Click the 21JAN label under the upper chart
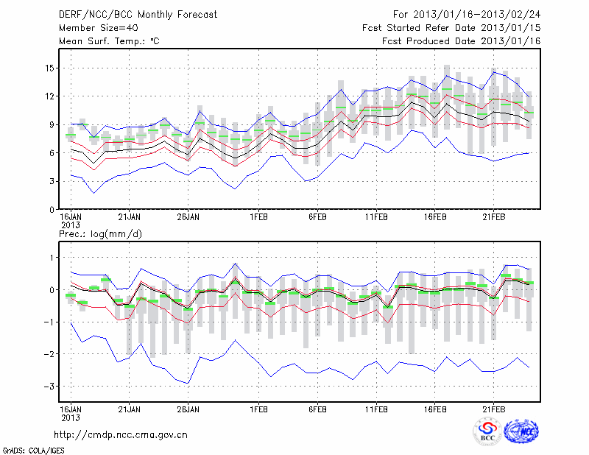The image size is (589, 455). click(x=130, y=217)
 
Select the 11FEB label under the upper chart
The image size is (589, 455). click(x=376, y=217)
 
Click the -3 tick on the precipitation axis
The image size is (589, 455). click(x=47, y=387)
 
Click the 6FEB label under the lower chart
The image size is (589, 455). click(x=317, y=409)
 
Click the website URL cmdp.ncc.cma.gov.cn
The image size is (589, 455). click(x=121, y=435)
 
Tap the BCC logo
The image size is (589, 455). click(x=488, y=431)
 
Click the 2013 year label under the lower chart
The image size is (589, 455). click(x=70, y=417)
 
